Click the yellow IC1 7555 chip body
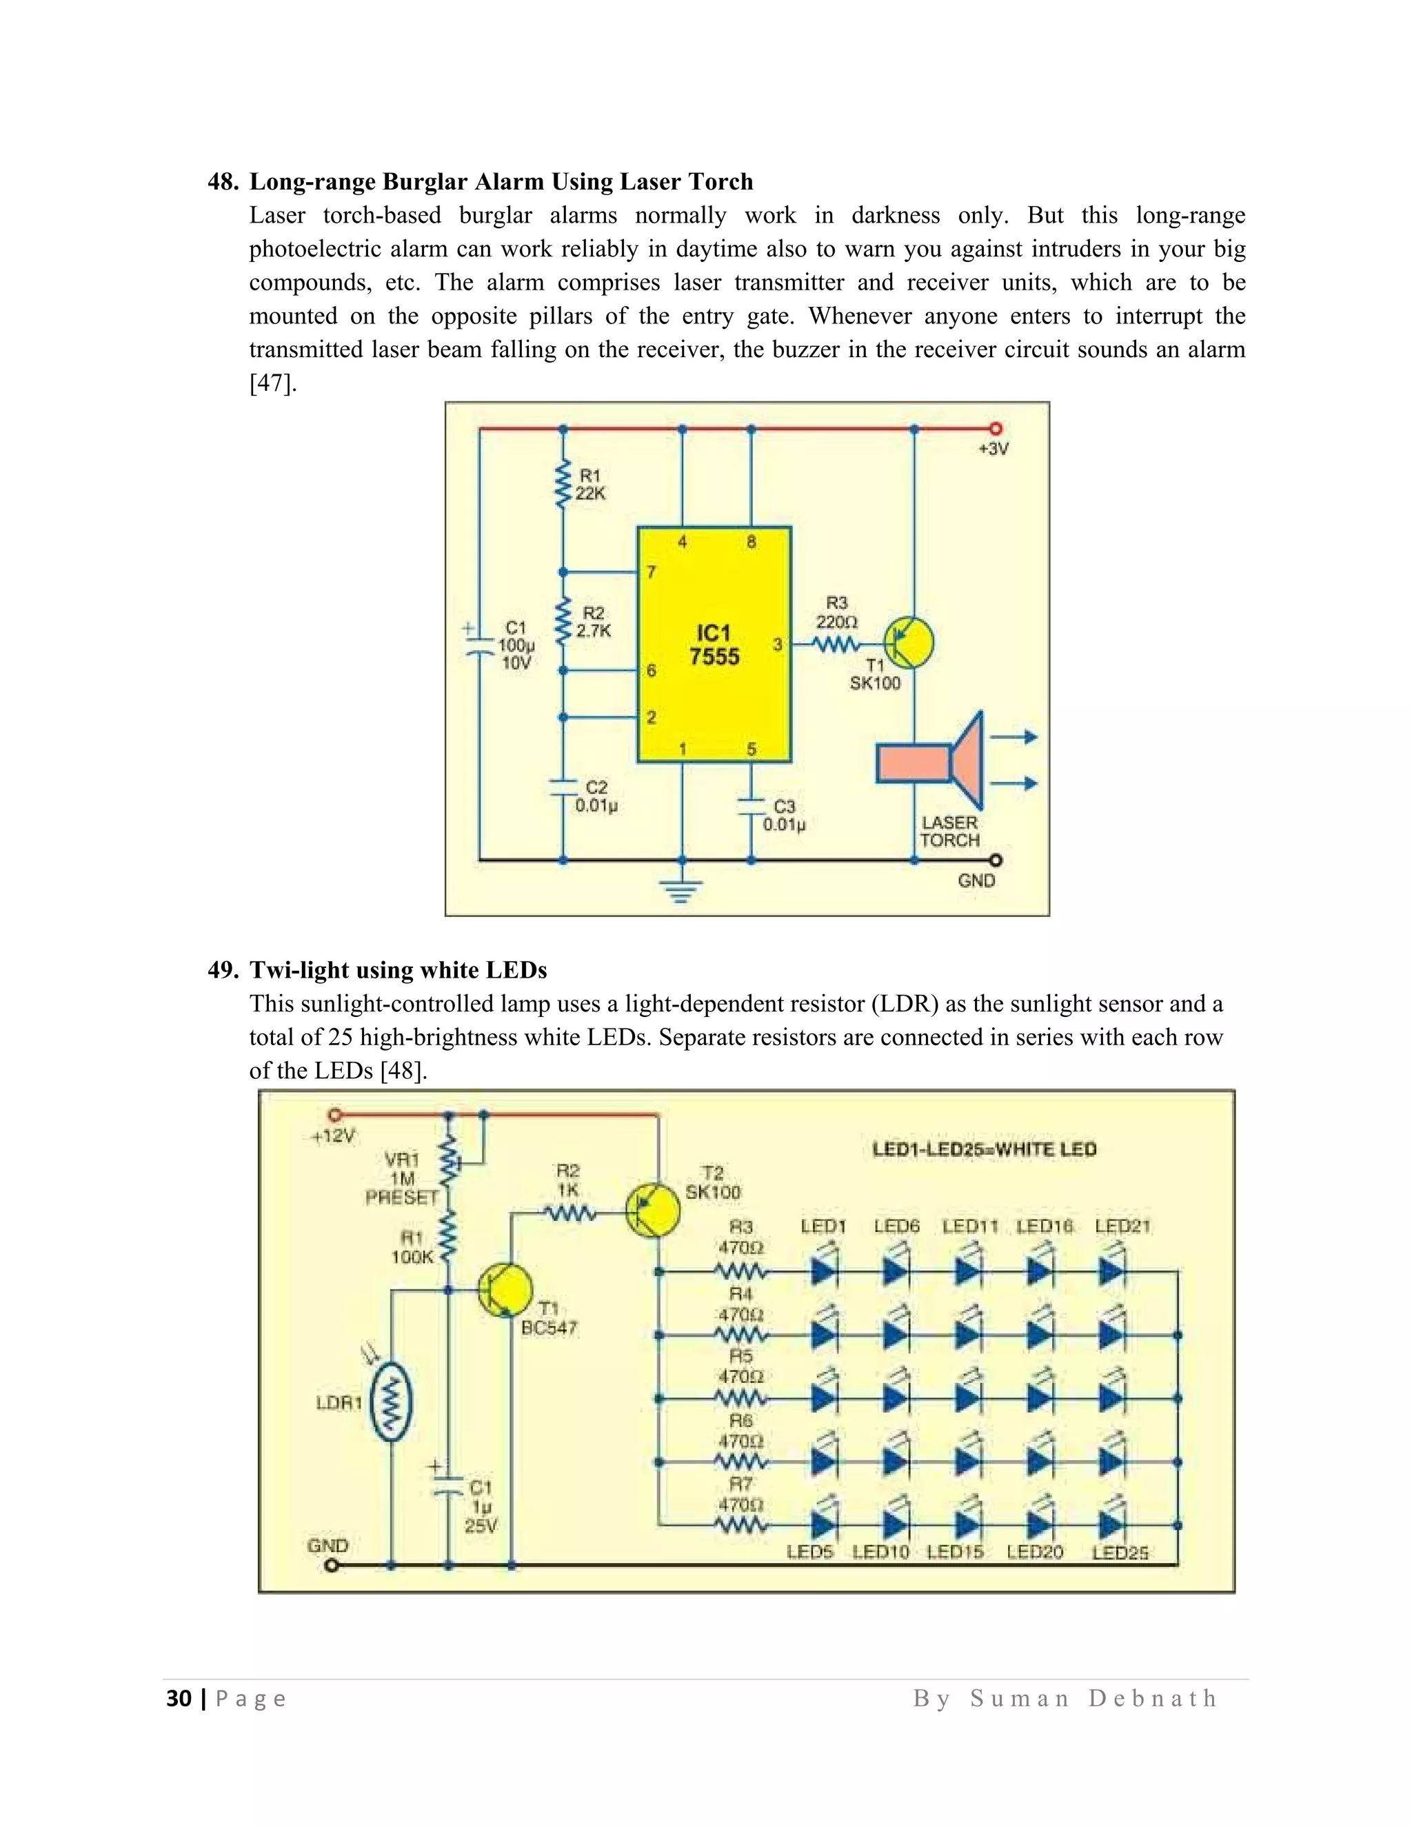coord(714,644)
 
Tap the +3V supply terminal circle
coord(996,429)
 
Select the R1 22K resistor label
coord(589,485)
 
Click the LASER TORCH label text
coord(949,831)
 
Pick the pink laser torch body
coord(914,763)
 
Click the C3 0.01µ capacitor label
coord(784,816)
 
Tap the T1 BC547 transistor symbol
coord(505,1291)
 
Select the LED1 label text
coord(823,1227)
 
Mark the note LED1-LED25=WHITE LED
coord(984,1149)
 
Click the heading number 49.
coord(223,971)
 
